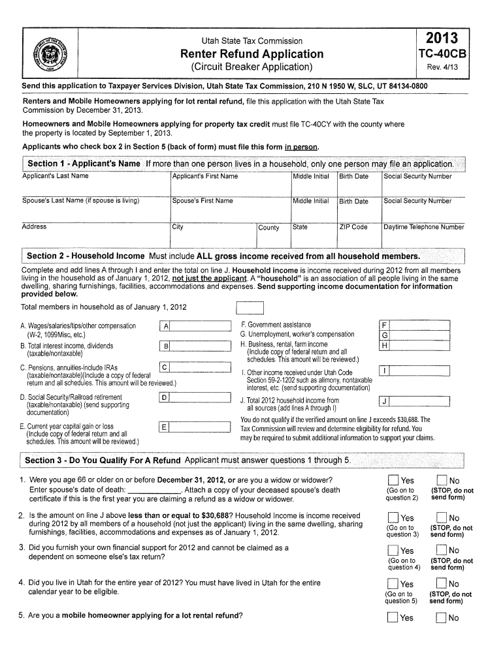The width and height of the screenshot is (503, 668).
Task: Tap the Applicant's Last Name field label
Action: click(56, 176)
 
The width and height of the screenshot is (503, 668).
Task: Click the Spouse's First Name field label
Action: click(203, 201)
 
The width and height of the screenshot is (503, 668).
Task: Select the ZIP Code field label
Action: click(353, 227)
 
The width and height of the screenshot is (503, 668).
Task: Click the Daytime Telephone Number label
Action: click(423, 227)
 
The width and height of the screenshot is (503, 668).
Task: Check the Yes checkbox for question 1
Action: click(393, 481)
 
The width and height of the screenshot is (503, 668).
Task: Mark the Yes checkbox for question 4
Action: click(393, 584)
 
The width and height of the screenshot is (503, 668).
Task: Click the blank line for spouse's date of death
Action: click(154, 491)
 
